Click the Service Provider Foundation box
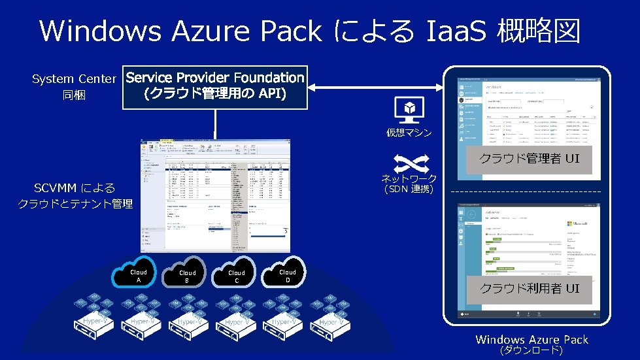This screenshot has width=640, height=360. [215, 86]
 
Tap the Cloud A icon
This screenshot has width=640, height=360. [139, 275]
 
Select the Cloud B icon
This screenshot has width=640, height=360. [188, 276]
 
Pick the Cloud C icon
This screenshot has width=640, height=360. [237, 276]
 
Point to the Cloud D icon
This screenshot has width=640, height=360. [288, 275]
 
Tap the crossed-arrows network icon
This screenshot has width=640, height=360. [409, 162]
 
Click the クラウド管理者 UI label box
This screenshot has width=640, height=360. [529, 159]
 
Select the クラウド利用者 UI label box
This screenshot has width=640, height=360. [529, 288]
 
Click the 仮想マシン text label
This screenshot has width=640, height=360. [409, 133]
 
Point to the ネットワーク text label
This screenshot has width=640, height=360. [409, 179]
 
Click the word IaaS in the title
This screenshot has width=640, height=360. [456, 31]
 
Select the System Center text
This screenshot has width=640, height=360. [74, 80]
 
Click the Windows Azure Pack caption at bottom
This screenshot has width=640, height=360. [531, 339]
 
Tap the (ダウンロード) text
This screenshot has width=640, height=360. [531, 351]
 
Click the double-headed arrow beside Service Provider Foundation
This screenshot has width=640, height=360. [375, 87]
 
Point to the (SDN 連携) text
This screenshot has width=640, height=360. [409, 190]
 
